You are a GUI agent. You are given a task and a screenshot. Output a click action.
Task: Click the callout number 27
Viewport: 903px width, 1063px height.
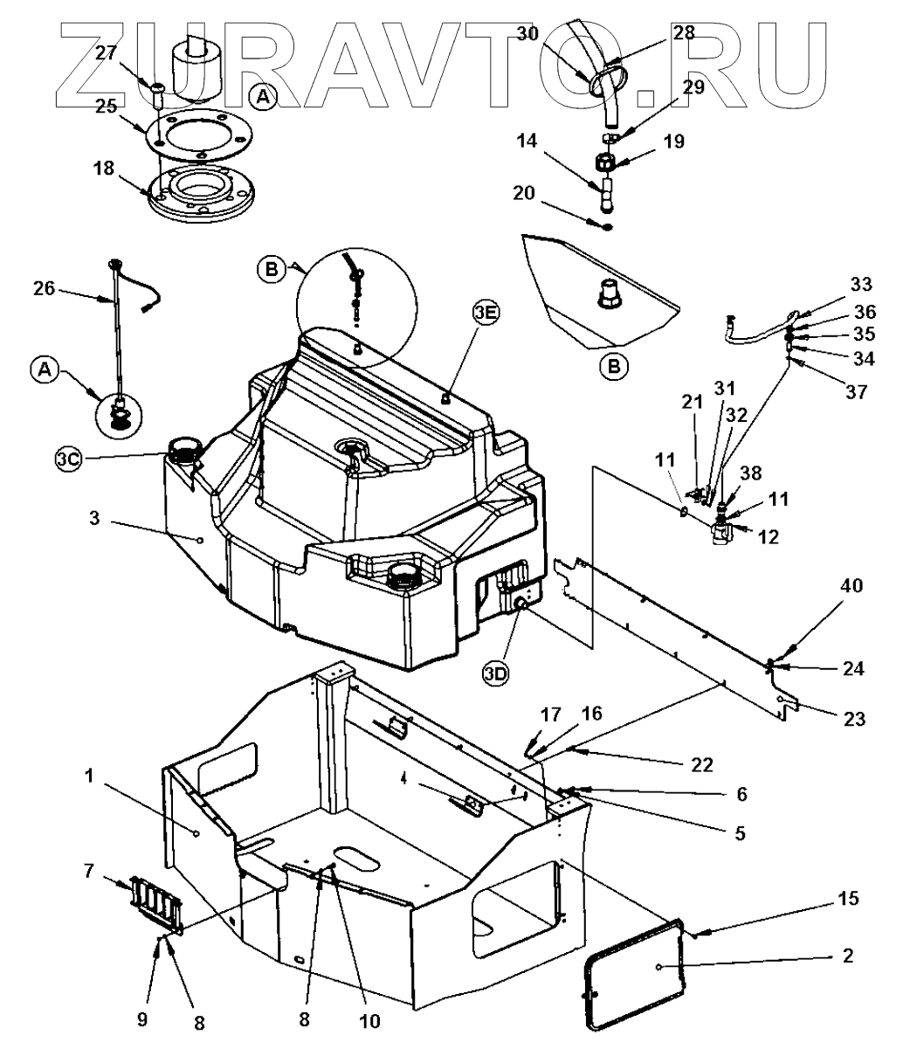click(106, 53)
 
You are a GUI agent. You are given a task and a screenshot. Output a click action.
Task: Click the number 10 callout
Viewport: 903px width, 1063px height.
click(370, 1020)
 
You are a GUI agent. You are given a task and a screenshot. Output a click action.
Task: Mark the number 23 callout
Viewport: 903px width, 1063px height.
click(854, 719)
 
